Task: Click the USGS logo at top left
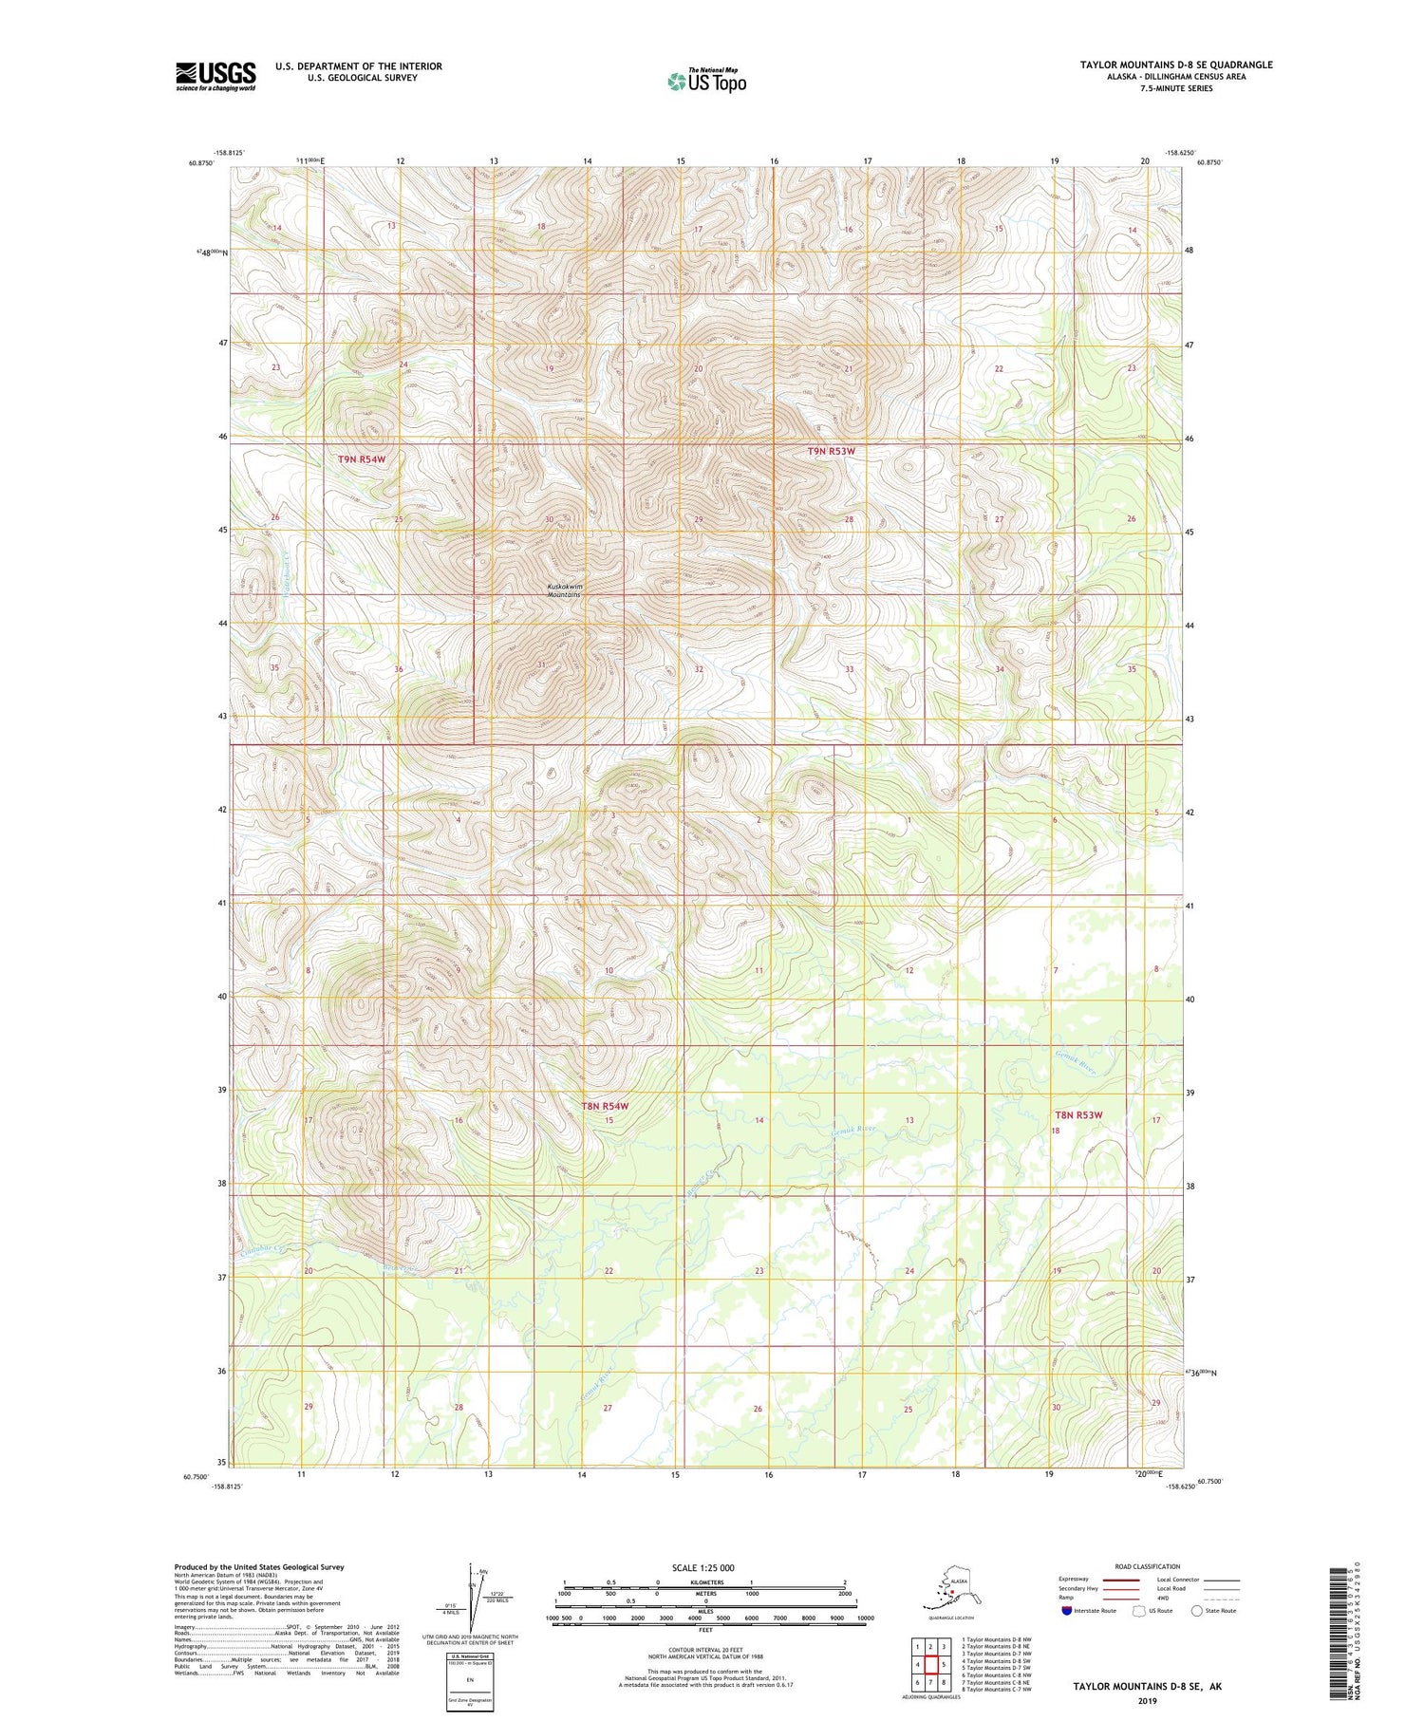point(215,76)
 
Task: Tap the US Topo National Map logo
point(706,80)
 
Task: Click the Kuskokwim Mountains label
point(564,590)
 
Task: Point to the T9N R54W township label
point(362,459)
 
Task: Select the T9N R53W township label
point(831,452)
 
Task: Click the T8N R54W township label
point(605,1107)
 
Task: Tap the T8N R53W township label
point(1078,1114)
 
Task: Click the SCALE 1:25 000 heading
point(704,1568)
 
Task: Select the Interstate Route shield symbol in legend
point(1066,1611)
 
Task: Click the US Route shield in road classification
point(1139,1611)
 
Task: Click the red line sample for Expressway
point(1120,1581)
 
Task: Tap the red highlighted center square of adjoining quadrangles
point(930,1664)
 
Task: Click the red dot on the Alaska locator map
point(952,1593)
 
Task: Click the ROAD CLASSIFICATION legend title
point(1148,1566)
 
